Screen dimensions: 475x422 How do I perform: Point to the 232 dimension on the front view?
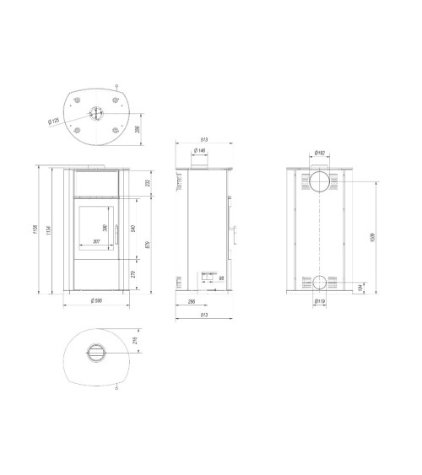tap(144, 182)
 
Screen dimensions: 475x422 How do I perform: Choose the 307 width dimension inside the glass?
tap(95, 241)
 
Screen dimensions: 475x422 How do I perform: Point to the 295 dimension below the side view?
tap(192, 300)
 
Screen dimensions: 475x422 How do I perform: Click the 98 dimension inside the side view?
tap(220, 278)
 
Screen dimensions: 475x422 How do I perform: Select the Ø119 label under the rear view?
tap(319, 301)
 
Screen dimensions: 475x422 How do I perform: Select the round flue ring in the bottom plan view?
tap(95, 353)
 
